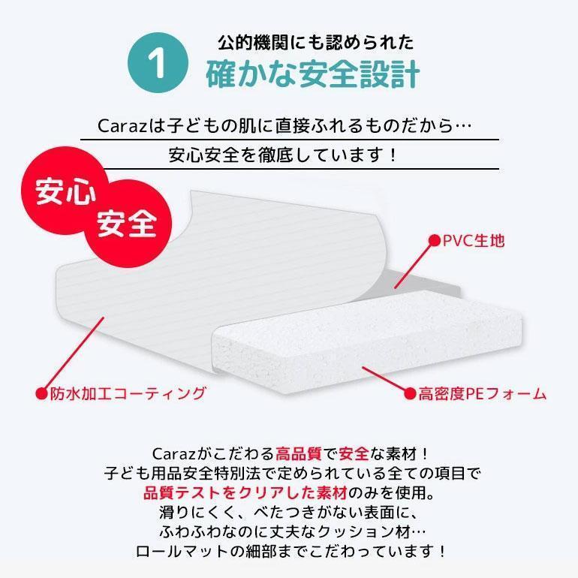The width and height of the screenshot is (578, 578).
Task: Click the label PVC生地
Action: [474, 240]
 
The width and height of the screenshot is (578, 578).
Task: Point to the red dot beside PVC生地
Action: [433, 240]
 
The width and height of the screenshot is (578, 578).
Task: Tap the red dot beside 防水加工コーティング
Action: [42, 393]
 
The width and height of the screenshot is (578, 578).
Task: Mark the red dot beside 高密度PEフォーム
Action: [410, 393]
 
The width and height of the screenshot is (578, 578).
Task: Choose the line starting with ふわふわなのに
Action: [289, 531]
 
